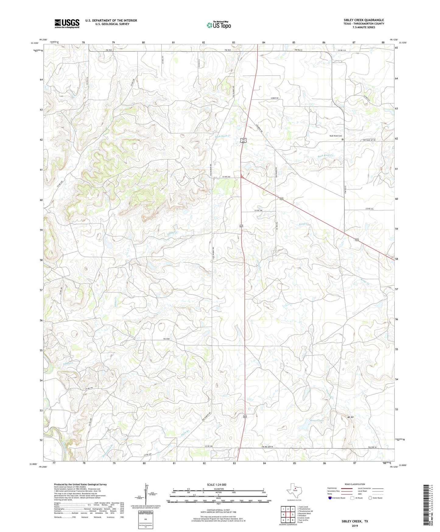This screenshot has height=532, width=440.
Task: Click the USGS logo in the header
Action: [67, 23]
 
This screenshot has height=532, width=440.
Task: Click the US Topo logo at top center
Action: [219, 25]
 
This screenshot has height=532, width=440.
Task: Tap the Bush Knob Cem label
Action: [336, 136]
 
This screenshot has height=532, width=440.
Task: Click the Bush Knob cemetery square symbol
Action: [343, 140]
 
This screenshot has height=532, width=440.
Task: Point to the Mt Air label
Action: [351, 417]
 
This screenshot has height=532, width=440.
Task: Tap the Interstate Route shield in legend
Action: [330, 498]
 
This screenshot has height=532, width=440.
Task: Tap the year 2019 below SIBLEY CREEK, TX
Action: [355, 526]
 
